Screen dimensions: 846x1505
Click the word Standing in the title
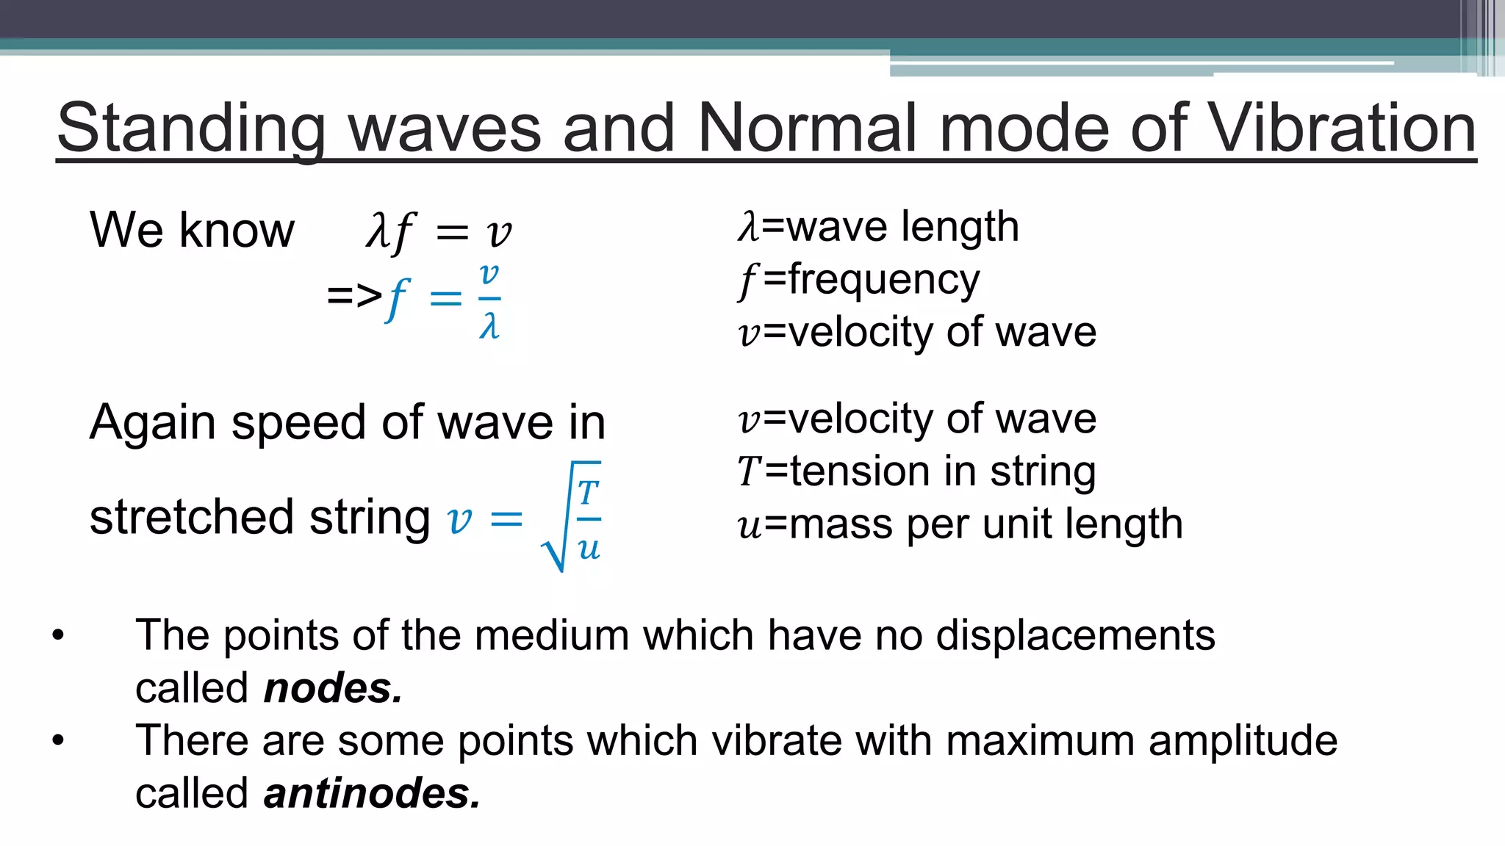(x=191, y=129)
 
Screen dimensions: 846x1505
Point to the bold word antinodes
(x=372, y=794)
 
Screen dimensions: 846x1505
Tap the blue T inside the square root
(x=588, y=493)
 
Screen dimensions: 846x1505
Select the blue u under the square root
(x=589, y=548)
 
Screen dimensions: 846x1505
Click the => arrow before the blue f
(x=354, y=296)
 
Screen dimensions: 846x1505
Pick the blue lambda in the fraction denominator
(x=489, y=325)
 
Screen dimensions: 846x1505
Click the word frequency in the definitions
(x=884, y=280)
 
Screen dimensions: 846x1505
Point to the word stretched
(x=193, y=517)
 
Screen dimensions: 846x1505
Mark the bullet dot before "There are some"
(x=59, y=740)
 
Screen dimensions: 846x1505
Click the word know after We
(x=237, y=230)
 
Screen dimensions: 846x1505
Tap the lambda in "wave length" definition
(x=748, y=227)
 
